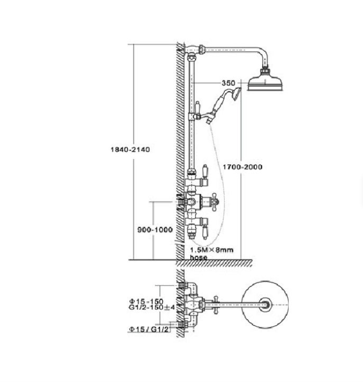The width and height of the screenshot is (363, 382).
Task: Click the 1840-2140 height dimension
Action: pos(130,149)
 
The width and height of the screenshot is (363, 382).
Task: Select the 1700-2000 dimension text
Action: pos(242,167)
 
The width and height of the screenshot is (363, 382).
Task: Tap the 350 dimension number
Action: pos(228,83)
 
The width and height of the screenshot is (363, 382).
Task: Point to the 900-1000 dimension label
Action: pos(155,230)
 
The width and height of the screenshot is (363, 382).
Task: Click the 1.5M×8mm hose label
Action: pos(211,254)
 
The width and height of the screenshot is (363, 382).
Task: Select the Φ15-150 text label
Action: pos(146,301)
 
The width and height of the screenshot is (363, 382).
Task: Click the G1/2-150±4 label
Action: pos(152,308)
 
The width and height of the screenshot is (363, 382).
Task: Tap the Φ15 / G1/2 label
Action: pos(148,330)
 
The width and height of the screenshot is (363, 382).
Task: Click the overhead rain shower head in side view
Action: pos(265,81)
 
